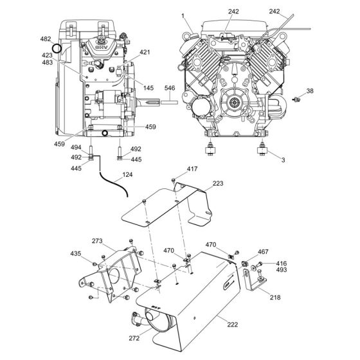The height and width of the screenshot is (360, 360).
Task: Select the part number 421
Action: tap(145, 52)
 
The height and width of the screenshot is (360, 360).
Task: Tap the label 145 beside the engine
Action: tap(148, 88)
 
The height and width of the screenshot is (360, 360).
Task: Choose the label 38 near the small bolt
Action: tap(310, 91)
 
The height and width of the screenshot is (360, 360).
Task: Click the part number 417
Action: tap(193, 170)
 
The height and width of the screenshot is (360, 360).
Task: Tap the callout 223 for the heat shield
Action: tap(219, 183)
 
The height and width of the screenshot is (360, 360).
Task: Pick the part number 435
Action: tap(76, 255)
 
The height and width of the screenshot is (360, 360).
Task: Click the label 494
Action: tap(76, 147)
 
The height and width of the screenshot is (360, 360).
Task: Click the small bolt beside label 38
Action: tap(297, 100)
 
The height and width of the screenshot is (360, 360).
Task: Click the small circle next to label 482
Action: tap(57, 48)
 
